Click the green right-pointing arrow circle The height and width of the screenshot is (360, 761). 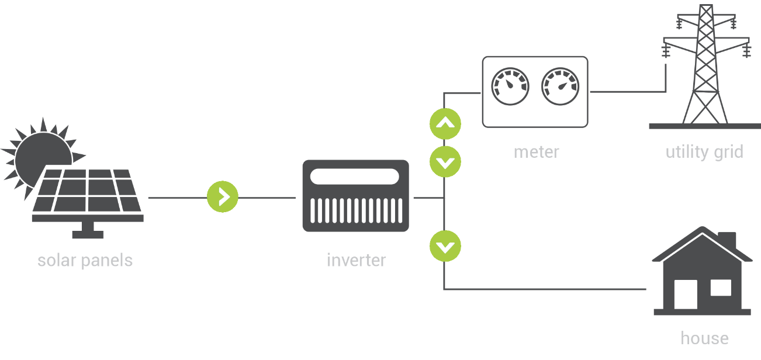click(223, 196)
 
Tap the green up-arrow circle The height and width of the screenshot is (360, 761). click(445, 124)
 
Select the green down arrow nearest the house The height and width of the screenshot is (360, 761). click(445, 246)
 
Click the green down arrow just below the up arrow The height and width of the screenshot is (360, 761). click(445, 162)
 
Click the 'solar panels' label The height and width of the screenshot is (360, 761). click(85, 261)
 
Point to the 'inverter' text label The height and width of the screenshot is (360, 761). click(357, 261)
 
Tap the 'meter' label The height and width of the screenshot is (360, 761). click(537, 152)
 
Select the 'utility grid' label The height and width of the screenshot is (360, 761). click(705, 152)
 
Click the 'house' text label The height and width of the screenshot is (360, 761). click(705, 338)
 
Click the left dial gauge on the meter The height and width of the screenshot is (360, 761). click(510, 86)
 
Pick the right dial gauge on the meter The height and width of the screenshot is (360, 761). click(560, 86)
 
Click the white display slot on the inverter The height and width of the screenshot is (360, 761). click(355, 176)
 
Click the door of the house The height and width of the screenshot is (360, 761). click(686, 294)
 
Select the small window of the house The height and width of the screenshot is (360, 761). click(721, 288)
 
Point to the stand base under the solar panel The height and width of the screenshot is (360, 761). click(88, 234)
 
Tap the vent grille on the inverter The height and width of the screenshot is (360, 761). click(356, 210)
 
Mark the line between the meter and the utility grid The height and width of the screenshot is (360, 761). click(628, 92)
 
